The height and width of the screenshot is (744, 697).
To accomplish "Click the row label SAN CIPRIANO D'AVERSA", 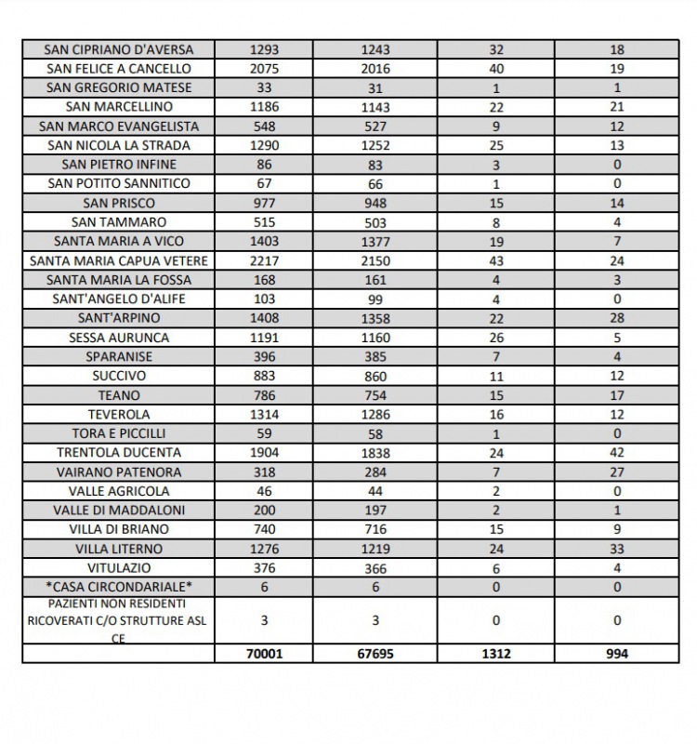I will coord(119,49).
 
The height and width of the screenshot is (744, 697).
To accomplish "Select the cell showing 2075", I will coord(264,69).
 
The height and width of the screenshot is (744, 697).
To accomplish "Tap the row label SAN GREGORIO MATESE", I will coord(119,88).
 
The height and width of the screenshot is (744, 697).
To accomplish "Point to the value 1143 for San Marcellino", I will coord(375,107).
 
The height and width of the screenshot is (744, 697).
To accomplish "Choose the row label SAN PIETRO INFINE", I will coord(119,165).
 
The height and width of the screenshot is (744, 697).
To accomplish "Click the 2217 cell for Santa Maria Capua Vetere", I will coord(264,260).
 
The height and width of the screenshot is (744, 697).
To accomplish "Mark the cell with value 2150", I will coord(375,260).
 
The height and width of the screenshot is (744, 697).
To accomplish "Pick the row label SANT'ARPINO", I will coord(119,318).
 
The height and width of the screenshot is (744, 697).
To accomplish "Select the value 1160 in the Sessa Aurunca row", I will coord(375,338).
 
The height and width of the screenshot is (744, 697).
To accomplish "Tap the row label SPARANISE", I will coord(119,357).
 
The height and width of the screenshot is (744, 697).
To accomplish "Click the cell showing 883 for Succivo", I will coord(264,376).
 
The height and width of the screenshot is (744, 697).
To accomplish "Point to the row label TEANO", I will coord(119,395).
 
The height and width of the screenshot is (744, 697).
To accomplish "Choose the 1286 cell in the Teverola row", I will coord(375,415).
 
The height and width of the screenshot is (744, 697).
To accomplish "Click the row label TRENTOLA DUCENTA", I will coord(119,453).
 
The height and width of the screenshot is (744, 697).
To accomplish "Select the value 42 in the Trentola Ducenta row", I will coord(617,453).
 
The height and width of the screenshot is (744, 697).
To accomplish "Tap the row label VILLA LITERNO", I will coord(119,549).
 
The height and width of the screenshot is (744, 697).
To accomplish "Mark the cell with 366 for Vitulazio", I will coord(375,568).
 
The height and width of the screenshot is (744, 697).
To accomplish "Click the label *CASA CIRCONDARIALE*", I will coord(119,587).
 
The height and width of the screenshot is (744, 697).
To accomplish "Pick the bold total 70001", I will coord(264,654).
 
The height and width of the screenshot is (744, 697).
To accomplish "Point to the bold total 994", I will coord(617,654).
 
